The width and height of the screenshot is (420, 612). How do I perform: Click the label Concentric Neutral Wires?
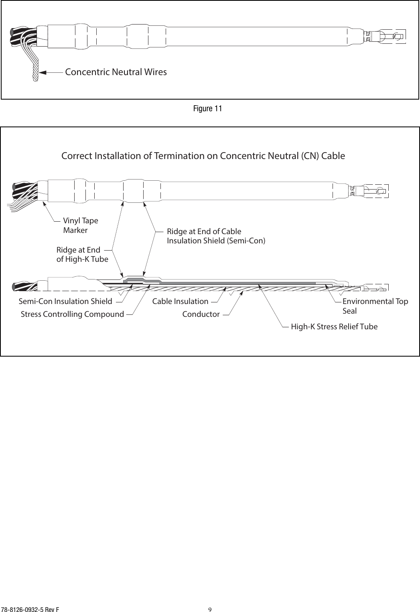pos(116,72)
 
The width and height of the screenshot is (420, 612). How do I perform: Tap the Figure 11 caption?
pos(207,109)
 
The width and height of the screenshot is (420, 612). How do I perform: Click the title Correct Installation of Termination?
pos(203,156)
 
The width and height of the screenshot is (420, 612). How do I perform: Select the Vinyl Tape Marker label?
pos(80,226)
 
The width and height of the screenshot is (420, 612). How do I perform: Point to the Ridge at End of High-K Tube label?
pos(82,255)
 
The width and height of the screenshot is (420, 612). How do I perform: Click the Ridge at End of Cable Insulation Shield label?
pos(216,236)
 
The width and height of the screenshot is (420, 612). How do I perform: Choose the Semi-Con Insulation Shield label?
pos(65,301)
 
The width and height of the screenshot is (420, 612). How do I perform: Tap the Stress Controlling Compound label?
pos(72,314)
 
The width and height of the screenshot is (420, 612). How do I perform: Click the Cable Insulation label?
pos(180,301)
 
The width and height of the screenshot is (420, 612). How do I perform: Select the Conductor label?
pos(201,314)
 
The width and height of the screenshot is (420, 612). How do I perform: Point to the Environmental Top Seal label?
pos(375,306)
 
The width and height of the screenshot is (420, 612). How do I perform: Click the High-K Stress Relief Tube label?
pos(334,327)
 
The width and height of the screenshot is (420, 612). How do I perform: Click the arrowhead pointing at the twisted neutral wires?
pos(43,73)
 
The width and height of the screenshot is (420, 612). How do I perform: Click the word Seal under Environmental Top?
pos(349,311)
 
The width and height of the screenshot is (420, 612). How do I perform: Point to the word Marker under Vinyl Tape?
pos(75,231)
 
